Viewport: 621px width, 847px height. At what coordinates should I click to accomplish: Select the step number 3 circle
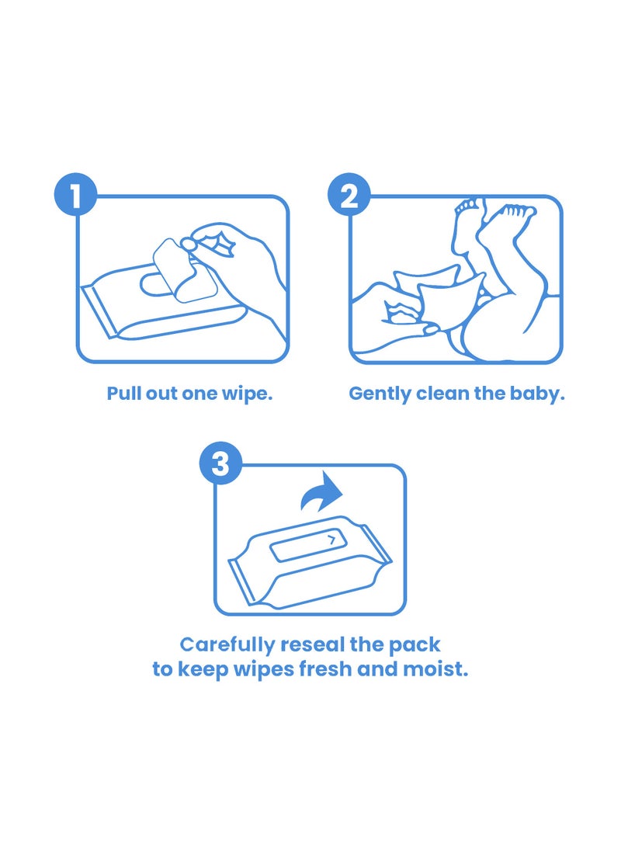click(220, 464)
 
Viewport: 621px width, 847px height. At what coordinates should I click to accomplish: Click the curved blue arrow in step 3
click(322, 493)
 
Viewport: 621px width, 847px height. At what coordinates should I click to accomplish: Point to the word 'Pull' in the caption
click(124, 394)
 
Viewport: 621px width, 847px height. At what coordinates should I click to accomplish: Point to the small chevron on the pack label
click(332, 538)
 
